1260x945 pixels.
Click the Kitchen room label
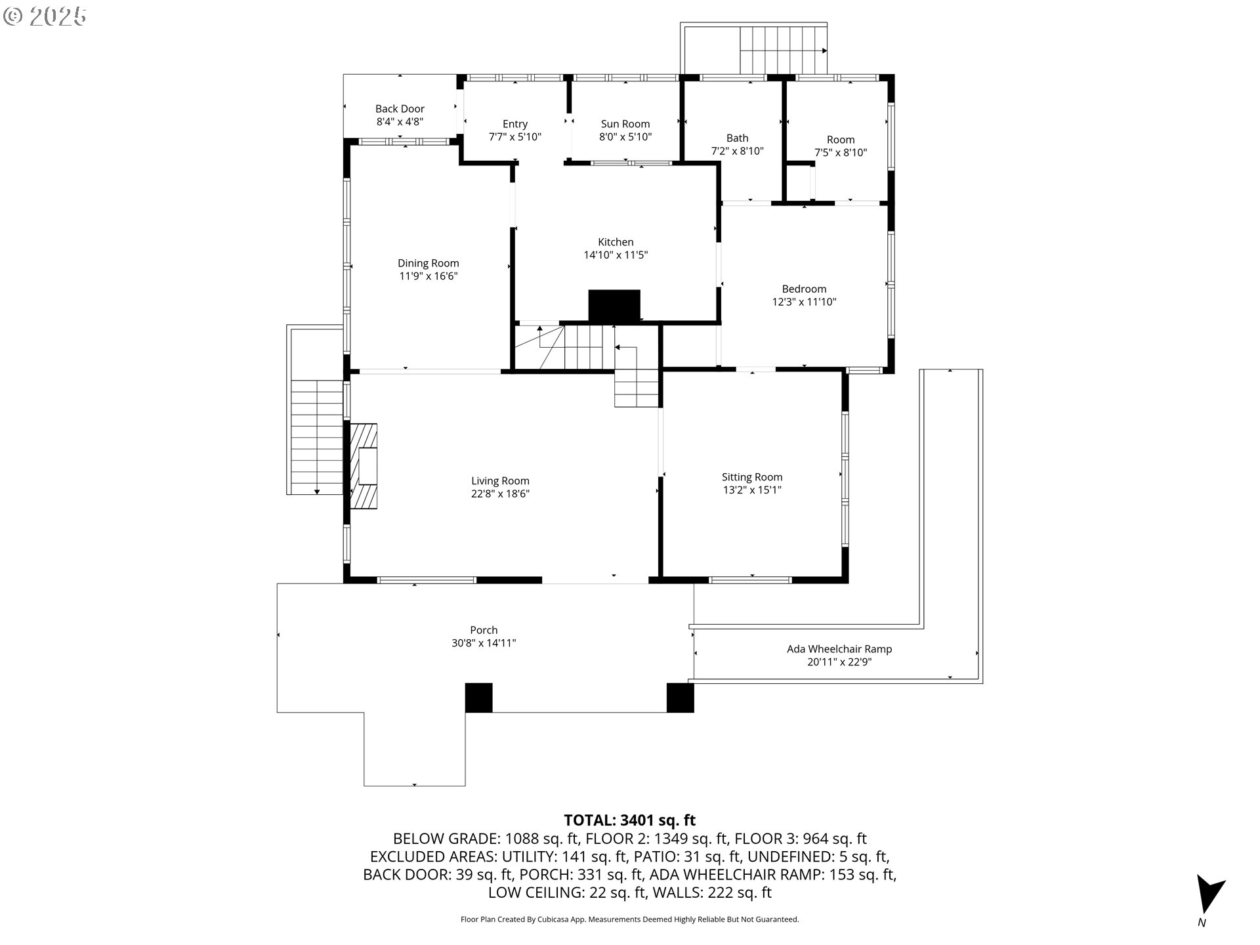616,242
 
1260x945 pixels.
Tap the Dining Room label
428,264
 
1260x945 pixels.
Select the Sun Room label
625,124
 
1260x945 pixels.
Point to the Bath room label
737,138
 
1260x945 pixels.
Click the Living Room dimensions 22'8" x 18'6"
500,494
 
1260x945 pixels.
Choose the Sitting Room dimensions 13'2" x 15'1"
752,490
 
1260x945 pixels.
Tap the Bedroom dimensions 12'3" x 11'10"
804,303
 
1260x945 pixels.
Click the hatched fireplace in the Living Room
363,466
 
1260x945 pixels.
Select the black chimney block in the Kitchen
614,306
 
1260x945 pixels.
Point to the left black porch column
478,698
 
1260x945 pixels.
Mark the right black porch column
680,698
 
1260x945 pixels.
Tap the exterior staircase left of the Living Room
316,437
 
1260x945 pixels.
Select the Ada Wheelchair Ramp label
839,650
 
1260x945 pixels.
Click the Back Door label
400,109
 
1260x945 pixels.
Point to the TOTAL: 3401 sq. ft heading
629,820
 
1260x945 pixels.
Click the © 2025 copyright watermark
45,16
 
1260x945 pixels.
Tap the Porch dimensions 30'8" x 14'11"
484,643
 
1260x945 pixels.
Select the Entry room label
515,124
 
